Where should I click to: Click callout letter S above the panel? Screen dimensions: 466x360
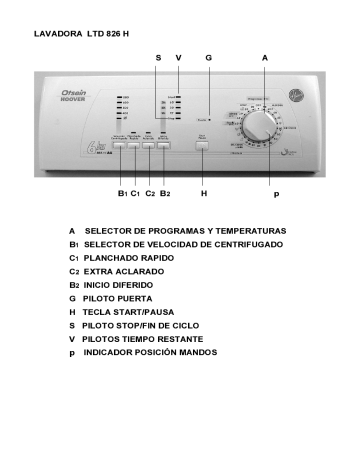pos(158,59)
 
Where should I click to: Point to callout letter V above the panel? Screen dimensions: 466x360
pos(178,59)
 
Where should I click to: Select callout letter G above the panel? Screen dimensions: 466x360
pos(209,59)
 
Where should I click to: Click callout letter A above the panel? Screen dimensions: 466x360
pos(263,59)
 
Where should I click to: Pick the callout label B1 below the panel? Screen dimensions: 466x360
pos(122,193)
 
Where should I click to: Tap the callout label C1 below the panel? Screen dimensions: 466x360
pos(135,193)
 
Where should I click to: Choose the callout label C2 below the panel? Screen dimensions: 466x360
pos(151,193)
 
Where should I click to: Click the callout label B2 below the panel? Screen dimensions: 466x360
pos(167,193)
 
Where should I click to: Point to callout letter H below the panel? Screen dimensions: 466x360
pos(203,193)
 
